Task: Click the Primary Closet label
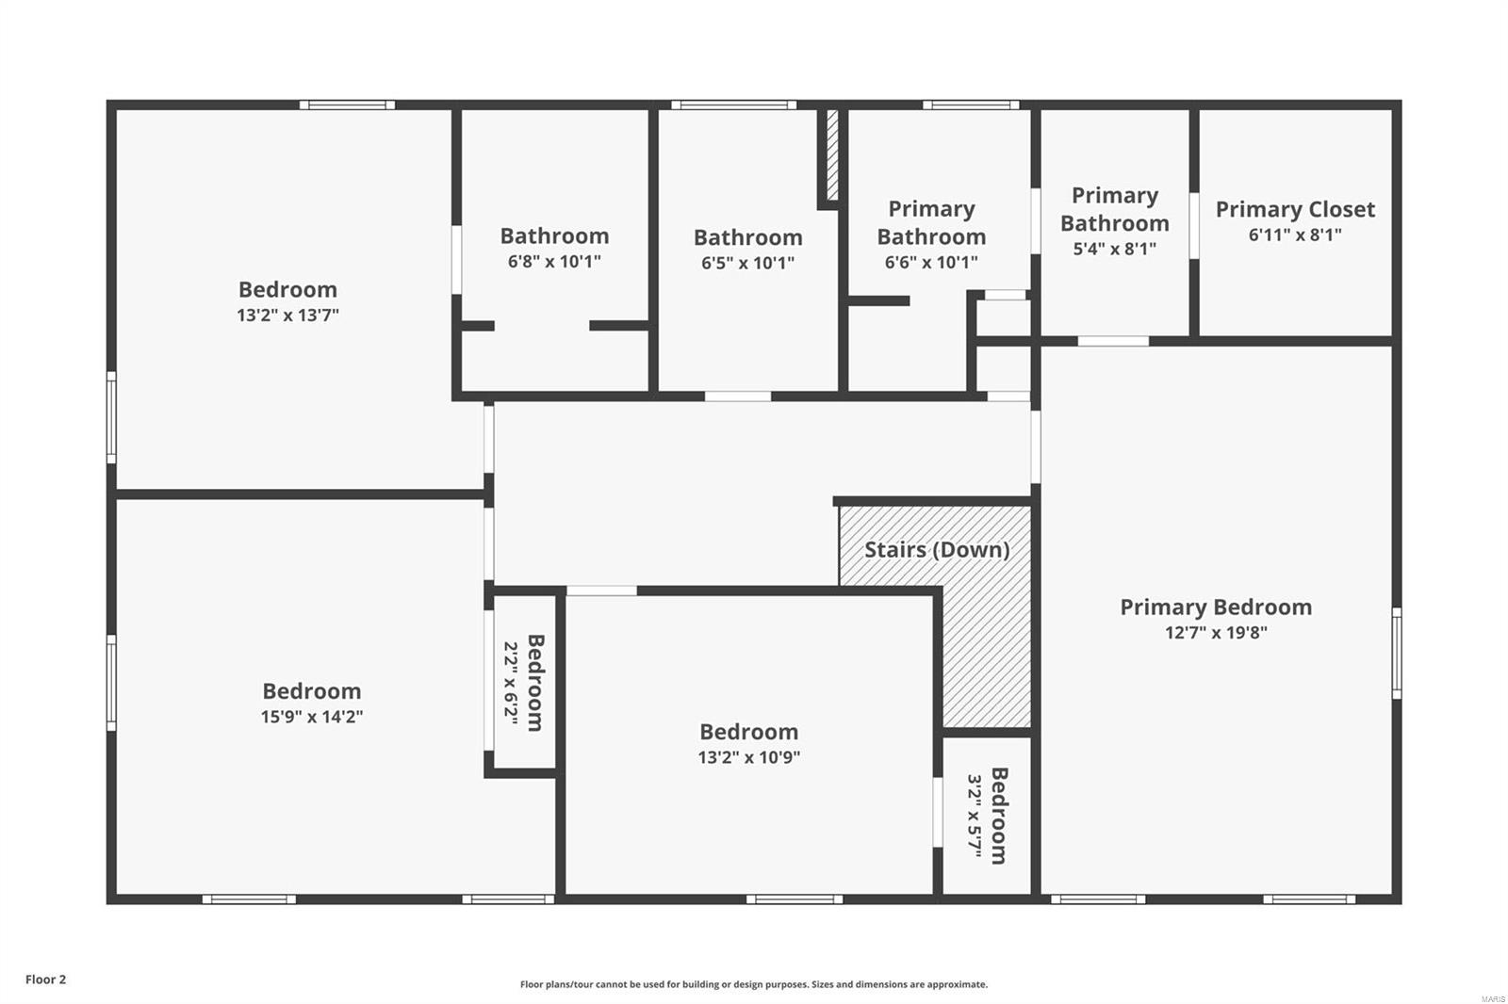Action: (x=1295, y=209)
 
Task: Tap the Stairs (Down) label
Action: (x=937, y=549)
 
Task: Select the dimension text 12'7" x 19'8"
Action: (x=1216, y=633)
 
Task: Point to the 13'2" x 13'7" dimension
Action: (x=287, y=316)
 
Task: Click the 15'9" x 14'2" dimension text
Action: (x=312, y=717)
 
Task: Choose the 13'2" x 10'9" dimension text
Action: (x=749, y=757)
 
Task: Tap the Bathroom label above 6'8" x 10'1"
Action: (x=554, y=235)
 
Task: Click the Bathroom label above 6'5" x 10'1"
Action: (x=748, y=237)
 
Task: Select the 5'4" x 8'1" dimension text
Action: (x=1114, y=249)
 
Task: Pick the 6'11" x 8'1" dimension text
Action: (x=1295, y=235)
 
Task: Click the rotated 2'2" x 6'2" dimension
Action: (x=511, y=682)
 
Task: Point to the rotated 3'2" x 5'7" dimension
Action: (x=975, y=816)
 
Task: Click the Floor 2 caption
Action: (x=45, y=980)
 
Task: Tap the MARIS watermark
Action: (x=1492, y=998)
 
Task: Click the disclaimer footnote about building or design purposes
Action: (x=754, y=984)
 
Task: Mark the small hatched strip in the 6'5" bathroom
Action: (x=832, y=155)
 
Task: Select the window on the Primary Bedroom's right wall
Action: (x=1396, y=654)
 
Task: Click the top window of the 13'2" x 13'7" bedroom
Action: (x=347, y=105)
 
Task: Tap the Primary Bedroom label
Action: (x=1216, y=607)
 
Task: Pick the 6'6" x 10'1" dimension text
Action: (x=931, y=263)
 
